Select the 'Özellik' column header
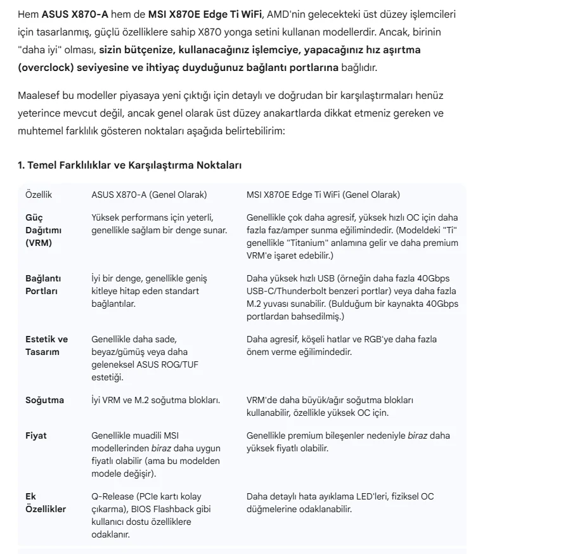pos(39,195)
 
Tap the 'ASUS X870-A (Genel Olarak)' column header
pos(149,195)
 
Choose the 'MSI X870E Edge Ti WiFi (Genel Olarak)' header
pos(323,195)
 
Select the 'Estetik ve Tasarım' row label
pos(46,345)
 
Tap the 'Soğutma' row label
pos(44,401)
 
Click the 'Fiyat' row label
pos(35,436)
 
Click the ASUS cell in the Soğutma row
pos(155,401)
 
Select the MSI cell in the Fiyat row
pos(348,442)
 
